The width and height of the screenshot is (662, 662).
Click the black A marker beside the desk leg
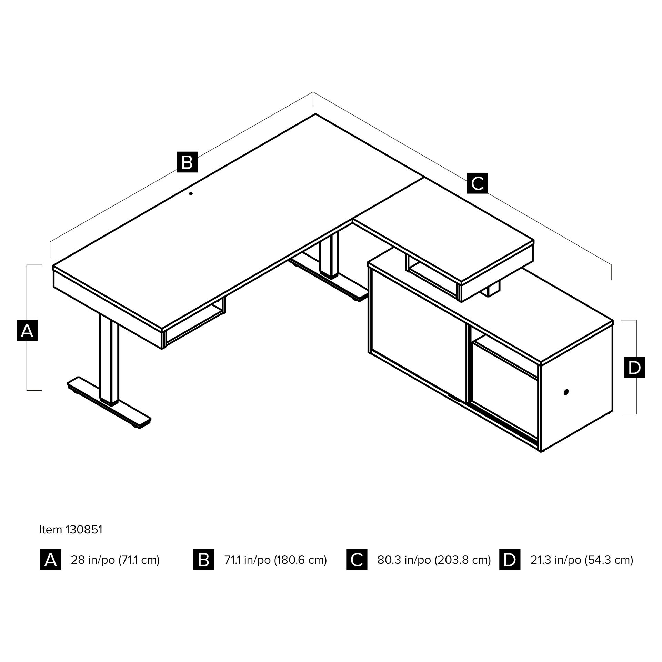pyautogui.click(x=27, y=330)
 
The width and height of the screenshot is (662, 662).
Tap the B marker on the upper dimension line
pyautogui.click(x=187, y=162)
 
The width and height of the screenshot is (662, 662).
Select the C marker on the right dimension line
pyautogui.click(x=478, y=183)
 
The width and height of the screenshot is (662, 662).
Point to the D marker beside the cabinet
pyautogui.click(x=635, y=367)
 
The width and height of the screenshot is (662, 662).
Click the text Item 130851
pyautogui.click(x=71, y=529)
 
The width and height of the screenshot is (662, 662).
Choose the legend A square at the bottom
pyautogui.click(x=51, y=559)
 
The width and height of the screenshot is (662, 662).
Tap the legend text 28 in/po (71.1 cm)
pyautogui.click(x=115, y=560)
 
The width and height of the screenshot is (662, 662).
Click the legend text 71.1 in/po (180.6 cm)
pyautogui.click(x=275, y=560)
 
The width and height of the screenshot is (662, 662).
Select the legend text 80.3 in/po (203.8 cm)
pyautogui.click(x=434, y=560)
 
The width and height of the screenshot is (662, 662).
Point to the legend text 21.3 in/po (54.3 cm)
pyautogui.click(x=582, y=560)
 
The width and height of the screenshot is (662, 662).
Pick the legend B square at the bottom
pyautogui.click(x=204, y=559)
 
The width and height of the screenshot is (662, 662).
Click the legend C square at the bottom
pyautogui.click(x=357, y=559)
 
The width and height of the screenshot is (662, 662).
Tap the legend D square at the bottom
pyautogui.click(x=510, y=559)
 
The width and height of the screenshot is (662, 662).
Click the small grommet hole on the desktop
pyautogui.click(x=191, y=193)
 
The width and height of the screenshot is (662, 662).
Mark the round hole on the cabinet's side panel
pyautogui.click(x=566, y=392)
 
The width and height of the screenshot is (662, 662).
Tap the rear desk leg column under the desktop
pyautogui.click(x=329, y=254)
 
